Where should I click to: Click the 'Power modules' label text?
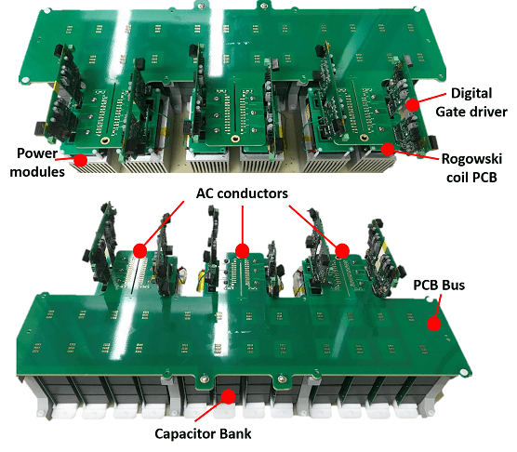point(37,162)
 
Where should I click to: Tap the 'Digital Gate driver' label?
point(471,102)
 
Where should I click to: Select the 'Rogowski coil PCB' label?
point(471,167)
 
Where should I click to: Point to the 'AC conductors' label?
point(242,193)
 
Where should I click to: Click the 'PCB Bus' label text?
point(439,286)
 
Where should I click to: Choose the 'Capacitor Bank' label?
point(203,434)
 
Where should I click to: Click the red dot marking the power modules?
point(80,160)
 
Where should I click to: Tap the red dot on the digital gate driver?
point(413,105)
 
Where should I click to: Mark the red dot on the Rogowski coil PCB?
point(388,149)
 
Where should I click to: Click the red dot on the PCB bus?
point(434,324)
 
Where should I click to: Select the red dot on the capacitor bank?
point(229,396)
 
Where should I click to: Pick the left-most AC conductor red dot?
point(140,251)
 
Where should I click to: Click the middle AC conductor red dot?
point(243,251)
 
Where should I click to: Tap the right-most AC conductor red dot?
point(342,251)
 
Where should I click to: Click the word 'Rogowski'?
point(471,159)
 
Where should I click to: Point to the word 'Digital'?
point(471,93)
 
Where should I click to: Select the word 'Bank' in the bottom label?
point(236,433)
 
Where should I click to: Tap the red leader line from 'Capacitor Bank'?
point(211,409)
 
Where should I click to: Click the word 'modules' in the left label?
point(37,172)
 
